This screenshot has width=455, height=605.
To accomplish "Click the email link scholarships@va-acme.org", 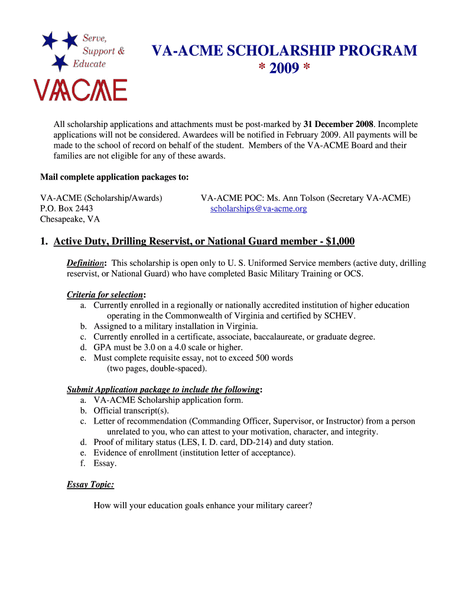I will (x=258, y=209).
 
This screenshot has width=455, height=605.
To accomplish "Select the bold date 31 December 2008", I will (x=338, y=124).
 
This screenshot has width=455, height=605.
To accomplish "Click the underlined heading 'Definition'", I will (x=86, y=263).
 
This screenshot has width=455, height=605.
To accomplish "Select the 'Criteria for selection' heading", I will (x=105, y=294).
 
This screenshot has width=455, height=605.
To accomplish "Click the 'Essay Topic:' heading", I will (x=90, y=484).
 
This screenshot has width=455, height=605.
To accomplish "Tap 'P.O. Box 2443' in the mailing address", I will (x=66, y=209).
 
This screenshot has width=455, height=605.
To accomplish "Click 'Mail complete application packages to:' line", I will (x=115, y=177).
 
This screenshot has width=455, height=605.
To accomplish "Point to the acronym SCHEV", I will (x=339, y=315).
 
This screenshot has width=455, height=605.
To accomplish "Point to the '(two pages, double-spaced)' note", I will (x=157, y=369).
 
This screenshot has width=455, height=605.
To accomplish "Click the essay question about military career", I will (x=203, y=506).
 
